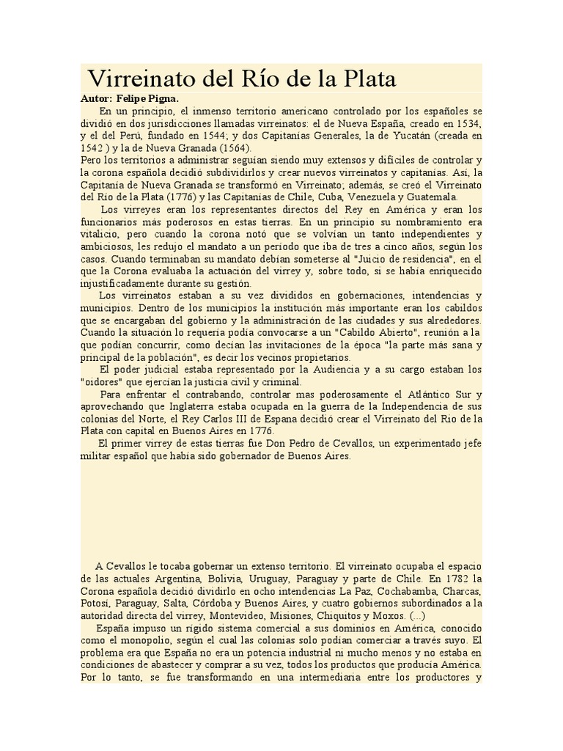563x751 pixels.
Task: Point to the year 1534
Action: [x=468, y=125]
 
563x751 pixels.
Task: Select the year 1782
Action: [x=457, y=579]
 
